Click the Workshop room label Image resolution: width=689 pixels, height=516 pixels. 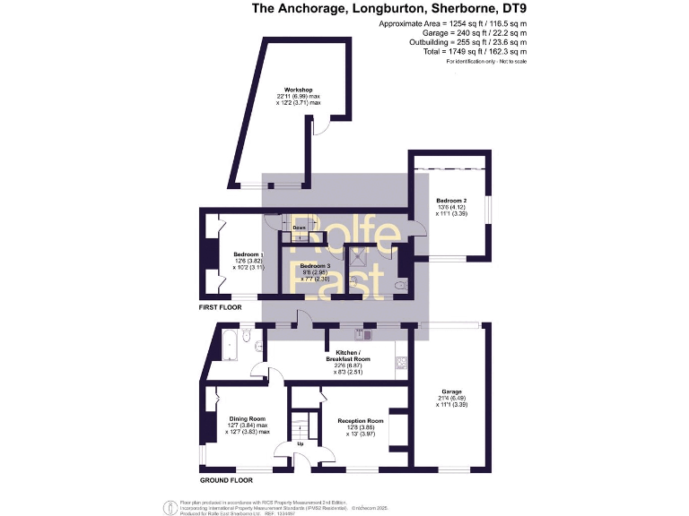pos(298,90)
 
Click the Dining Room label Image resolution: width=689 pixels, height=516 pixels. pos(246,418)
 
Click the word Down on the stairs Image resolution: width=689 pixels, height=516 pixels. pos(300,228)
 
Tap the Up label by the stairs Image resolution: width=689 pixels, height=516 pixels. pos(301,443)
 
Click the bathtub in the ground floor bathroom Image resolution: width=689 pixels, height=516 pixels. pos(225,343)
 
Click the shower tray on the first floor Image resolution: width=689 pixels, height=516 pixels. pos(360,259)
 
